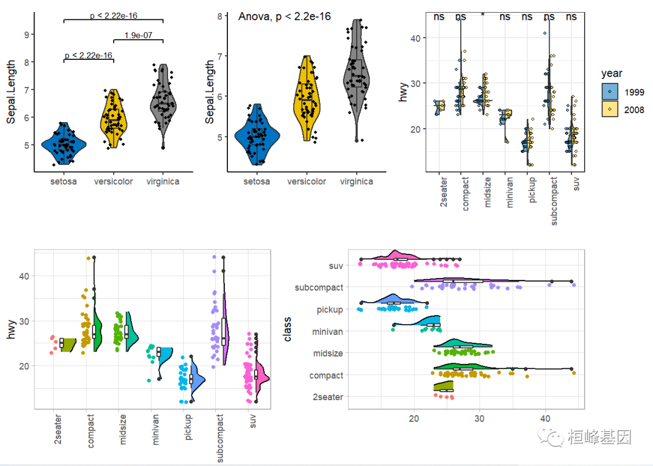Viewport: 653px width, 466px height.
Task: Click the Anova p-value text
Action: (x=284, y=17)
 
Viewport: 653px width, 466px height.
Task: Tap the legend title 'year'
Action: (x=612, y=74)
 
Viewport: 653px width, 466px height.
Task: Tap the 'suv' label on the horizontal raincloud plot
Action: (x=336, y=265)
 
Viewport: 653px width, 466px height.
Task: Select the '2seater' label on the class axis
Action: (x=329, y=397)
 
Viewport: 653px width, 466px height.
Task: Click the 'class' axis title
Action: (x=288, y=329)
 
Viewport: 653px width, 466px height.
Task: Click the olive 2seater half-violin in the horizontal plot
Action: (x=443, y=386)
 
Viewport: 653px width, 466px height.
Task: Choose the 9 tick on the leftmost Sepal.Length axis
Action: (x=27, y=34)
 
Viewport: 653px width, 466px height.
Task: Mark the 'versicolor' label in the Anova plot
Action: (x=307, y=182)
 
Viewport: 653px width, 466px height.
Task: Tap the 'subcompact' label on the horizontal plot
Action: (x=319, y=288)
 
